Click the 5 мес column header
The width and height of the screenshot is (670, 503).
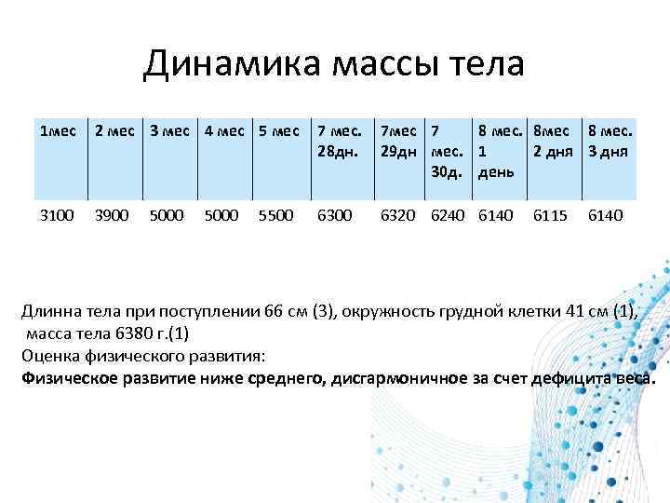click(x=276, y=130)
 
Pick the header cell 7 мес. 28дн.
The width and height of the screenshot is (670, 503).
click(x=340, y=140)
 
